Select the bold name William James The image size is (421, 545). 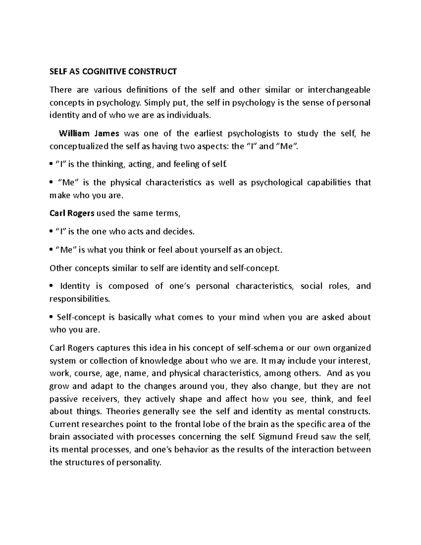[x=89, y=133]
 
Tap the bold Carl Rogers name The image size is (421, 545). [x=72, y=213]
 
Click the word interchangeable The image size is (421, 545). [x=339, y=90]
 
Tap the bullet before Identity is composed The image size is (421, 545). [x=52, y=286]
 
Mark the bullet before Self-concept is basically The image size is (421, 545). [x=52, y=318]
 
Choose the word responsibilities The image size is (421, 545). [x=80, y=299]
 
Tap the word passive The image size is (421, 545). [x=64, y=399]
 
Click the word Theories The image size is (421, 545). [x=123, y=411]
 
